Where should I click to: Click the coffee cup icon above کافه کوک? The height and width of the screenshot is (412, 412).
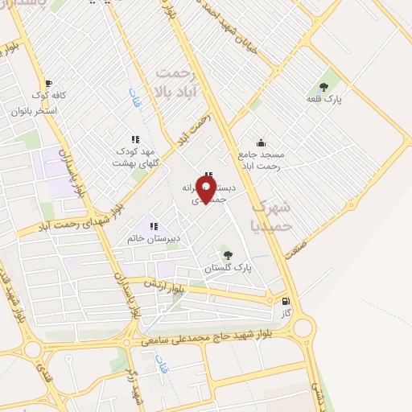coord(48,84)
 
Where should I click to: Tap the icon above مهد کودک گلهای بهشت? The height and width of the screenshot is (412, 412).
coord(134,139)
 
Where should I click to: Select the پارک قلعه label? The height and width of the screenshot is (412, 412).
coord(324,99)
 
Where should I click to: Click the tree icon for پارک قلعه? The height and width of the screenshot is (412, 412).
coord(324,86)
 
